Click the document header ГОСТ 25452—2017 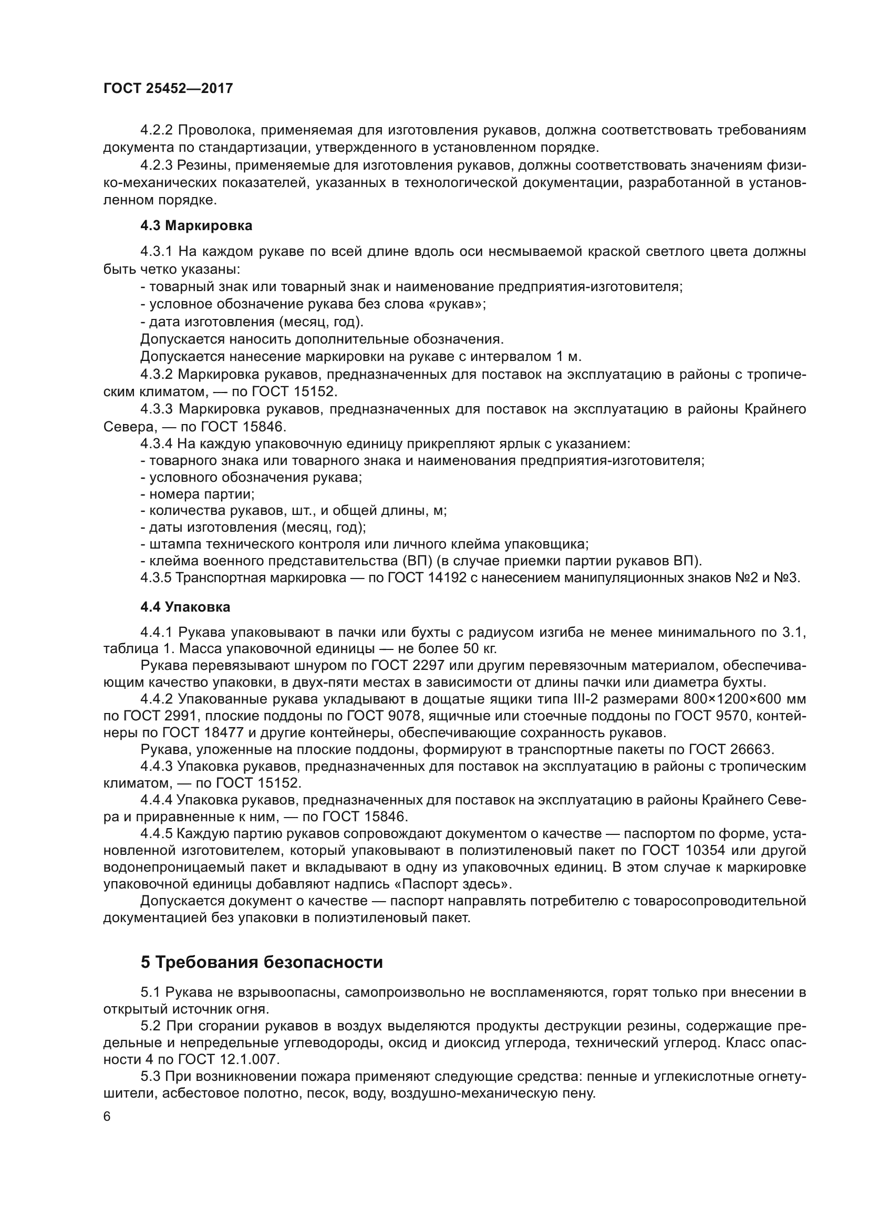tap(168, 88)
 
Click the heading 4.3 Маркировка tap(196, 226)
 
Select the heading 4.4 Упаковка tap(185, 607)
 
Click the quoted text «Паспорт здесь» tap(464, 884)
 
